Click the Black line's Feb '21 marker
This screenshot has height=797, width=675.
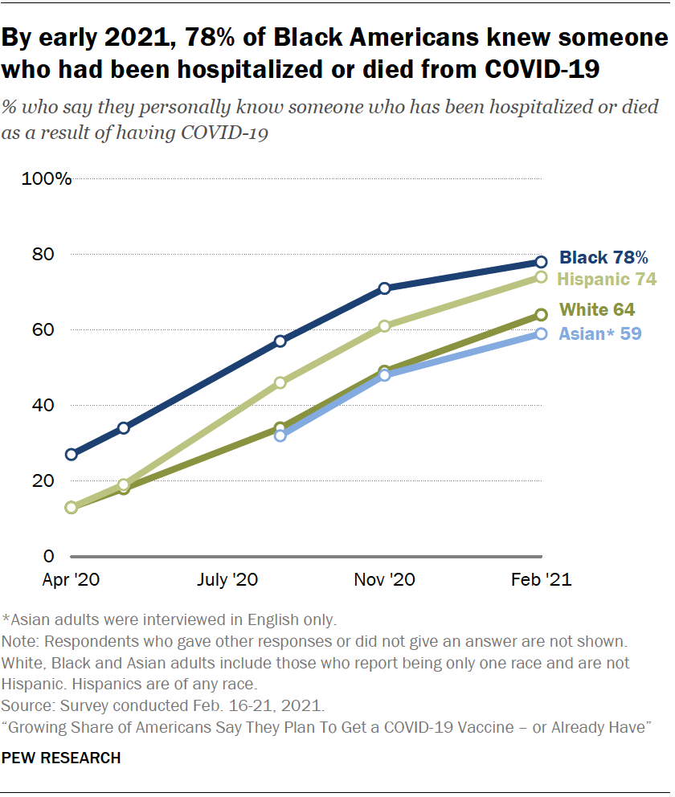pos(542,262)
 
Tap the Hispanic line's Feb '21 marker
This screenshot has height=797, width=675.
pos(542,277)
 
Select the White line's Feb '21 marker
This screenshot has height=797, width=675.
pos(542,315)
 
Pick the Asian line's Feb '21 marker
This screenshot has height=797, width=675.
pos(542,333)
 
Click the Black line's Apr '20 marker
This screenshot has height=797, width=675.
pos(72,455)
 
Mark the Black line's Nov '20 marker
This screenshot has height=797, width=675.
pos(385,288)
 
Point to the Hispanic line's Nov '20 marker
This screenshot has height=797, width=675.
pos(385,326)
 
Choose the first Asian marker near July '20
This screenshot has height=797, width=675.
pos(280,435)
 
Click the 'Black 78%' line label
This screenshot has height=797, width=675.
pos(603,258)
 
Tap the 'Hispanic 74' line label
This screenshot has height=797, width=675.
pos(607,280)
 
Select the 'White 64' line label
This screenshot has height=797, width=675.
pos(597,309)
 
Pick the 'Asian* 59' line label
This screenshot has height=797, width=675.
pos(600,333)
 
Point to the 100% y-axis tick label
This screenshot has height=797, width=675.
pos(47,178)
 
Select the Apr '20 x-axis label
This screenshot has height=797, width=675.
pos(72,579)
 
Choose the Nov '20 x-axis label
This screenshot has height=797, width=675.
pos(385,579)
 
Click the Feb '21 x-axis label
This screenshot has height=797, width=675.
pos(542,579)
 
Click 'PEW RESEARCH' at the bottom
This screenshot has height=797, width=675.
pos(62,758)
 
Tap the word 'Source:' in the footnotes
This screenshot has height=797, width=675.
pos(27,707)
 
